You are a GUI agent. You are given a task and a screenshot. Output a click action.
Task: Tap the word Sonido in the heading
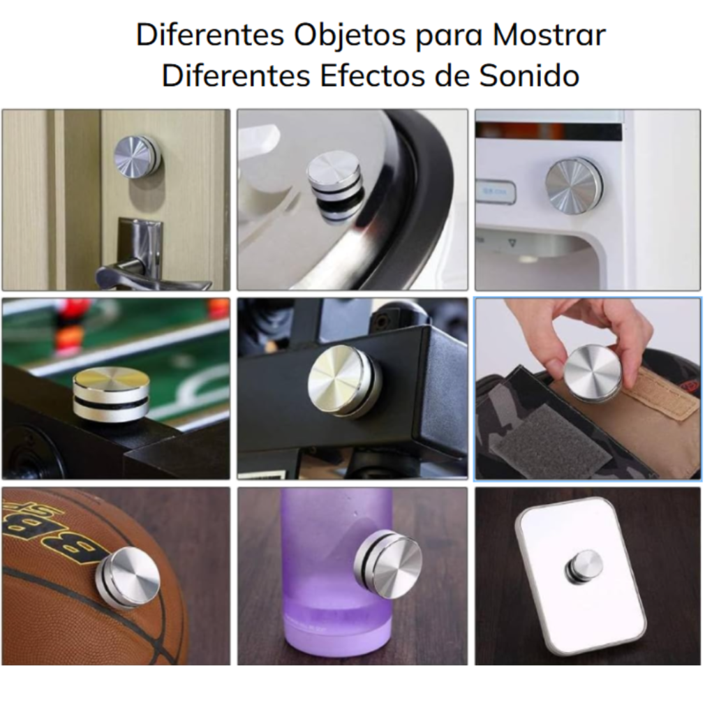(529, 76)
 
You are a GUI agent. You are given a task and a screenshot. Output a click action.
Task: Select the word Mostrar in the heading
(549, 35)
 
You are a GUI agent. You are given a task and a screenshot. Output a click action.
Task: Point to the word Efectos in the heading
(372, 76)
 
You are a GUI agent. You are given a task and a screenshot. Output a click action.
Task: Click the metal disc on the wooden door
(138, 157)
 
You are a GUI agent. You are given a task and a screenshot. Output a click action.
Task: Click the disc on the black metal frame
(345, 382)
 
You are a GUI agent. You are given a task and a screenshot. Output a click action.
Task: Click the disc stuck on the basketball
(128, 578)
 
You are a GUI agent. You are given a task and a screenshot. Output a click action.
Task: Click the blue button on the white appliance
(496, 193)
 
